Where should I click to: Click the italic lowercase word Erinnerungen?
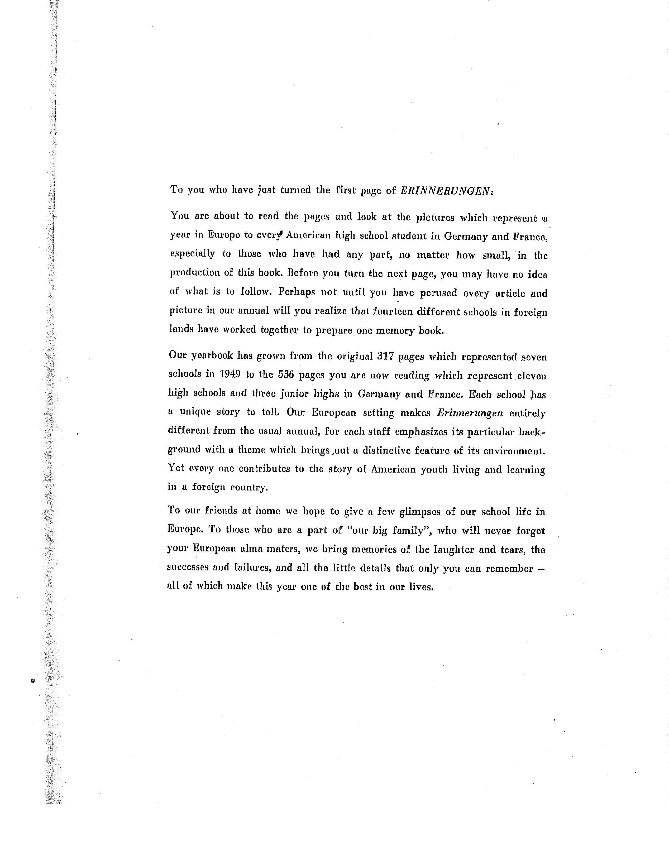click(x=470, y=413)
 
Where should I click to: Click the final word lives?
click(x=421, y=586)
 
